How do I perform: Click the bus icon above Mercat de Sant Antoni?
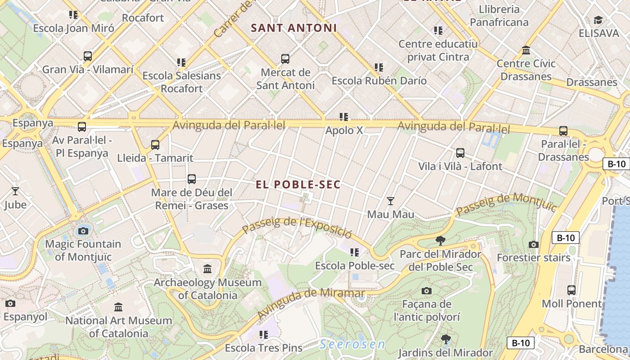click(285, 59)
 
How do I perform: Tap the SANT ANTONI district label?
click(294, 28)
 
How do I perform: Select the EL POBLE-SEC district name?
click(298, 184)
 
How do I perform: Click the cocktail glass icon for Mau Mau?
click(391, 201)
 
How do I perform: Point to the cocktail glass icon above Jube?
click(15, 191)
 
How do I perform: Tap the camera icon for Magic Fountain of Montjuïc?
click(83, 231)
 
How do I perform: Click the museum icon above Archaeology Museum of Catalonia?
click(207, 269)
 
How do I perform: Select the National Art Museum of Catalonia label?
click(119, 327)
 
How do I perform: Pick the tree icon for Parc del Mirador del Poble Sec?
click(441, 241)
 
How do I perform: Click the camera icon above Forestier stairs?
click(534, 245)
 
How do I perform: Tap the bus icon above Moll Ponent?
click(571, 290)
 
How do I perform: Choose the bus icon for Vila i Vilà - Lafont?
click(460, 153)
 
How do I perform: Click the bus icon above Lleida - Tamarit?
click(155, 145)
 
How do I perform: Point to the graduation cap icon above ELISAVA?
click(598, 20)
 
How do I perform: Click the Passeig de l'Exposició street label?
click(297, 228)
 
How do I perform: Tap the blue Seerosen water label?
click(352, 345)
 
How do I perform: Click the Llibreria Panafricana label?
click(499, 16)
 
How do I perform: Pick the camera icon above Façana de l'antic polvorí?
click(427, 291)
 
